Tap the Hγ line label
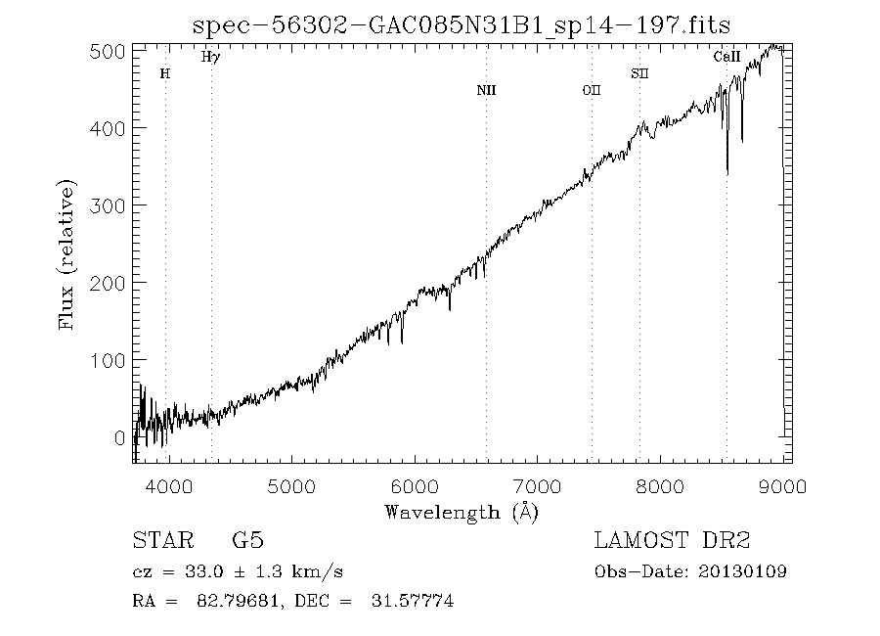[210, 58]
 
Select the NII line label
[486, 90]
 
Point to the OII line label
[591, 90]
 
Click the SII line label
[639, 73]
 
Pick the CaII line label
[726, 58]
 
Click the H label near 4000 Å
[164, 73]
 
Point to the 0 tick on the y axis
[120, 437]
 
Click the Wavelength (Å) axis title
[462, 512]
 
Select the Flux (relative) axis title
[67, 254]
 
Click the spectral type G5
[248, 541]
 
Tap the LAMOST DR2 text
[672, 541]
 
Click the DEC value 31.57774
[413, 602]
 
